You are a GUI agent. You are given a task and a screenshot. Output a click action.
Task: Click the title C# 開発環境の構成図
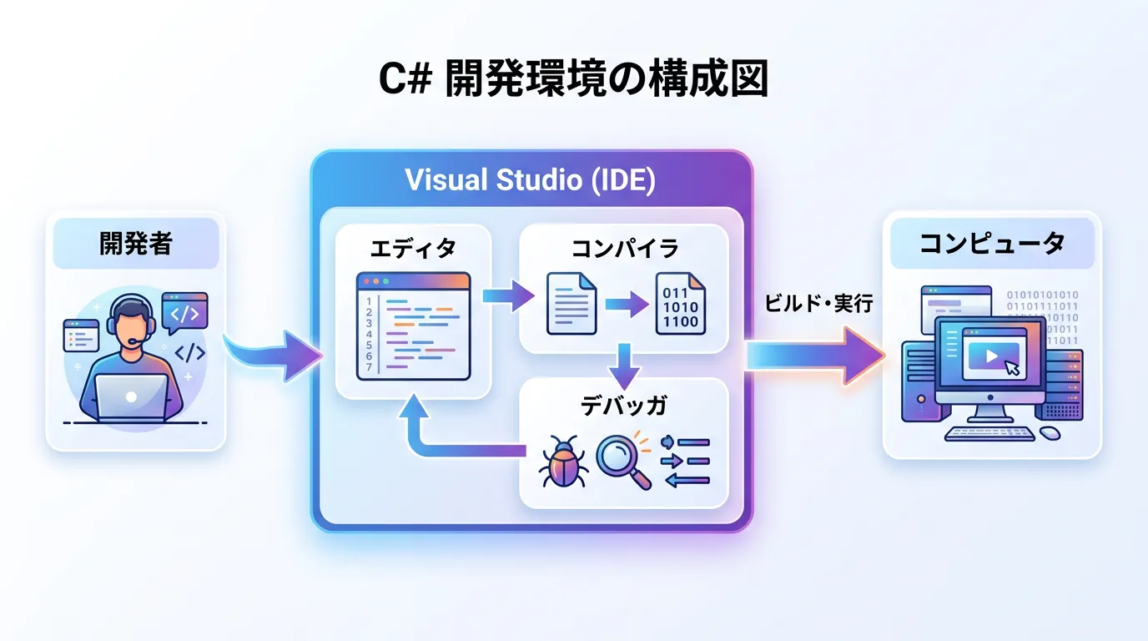[574, 80]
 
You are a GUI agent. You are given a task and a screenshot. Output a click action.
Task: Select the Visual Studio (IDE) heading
[531, 180]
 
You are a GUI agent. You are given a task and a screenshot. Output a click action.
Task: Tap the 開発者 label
[135, 244]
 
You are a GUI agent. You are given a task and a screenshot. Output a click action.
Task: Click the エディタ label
[413, 248]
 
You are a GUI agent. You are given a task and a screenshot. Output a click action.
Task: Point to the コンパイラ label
[624, 248]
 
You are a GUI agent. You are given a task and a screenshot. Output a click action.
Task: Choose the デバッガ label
[624, 406]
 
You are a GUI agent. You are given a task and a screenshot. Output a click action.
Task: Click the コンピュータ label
[992, 244]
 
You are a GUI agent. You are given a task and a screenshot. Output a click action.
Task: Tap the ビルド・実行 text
[818, 304]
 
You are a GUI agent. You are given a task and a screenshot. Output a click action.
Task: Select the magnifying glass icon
[624, 460]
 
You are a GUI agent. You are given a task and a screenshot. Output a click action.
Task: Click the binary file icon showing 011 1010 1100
[679, 304]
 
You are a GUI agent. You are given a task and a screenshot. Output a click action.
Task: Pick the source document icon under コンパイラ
[571, 304]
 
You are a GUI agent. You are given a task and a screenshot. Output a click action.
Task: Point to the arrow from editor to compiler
[508, 294]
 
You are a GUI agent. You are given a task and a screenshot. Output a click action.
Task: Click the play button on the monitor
[990, 356]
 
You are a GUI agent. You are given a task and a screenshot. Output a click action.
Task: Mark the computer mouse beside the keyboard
[1050, 432]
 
